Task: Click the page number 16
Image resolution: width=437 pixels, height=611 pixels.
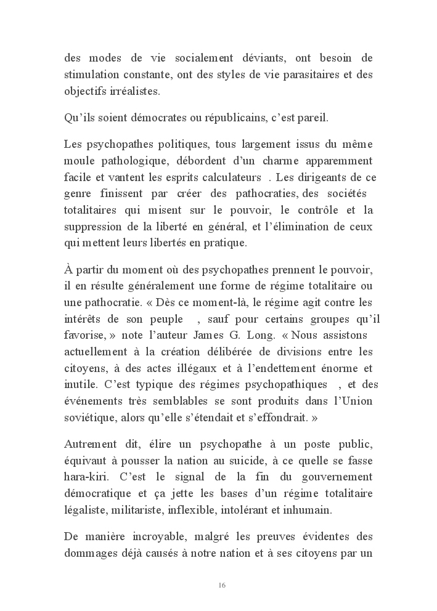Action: (x=221, y=585)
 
